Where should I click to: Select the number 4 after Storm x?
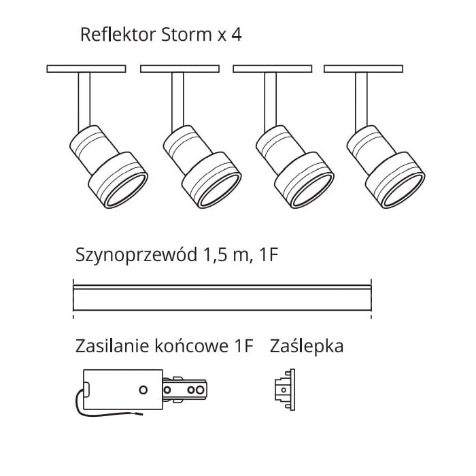coord(236,35)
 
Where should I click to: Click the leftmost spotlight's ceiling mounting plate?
coord(86,69)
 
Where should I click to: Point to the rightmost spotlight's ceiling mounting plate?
coord(364,69)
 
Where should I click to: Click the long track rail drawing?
coord(222,298)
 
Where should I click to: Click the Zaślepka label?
coord(307,346)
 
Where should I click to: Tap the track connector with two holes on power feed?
coord(186,390)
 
